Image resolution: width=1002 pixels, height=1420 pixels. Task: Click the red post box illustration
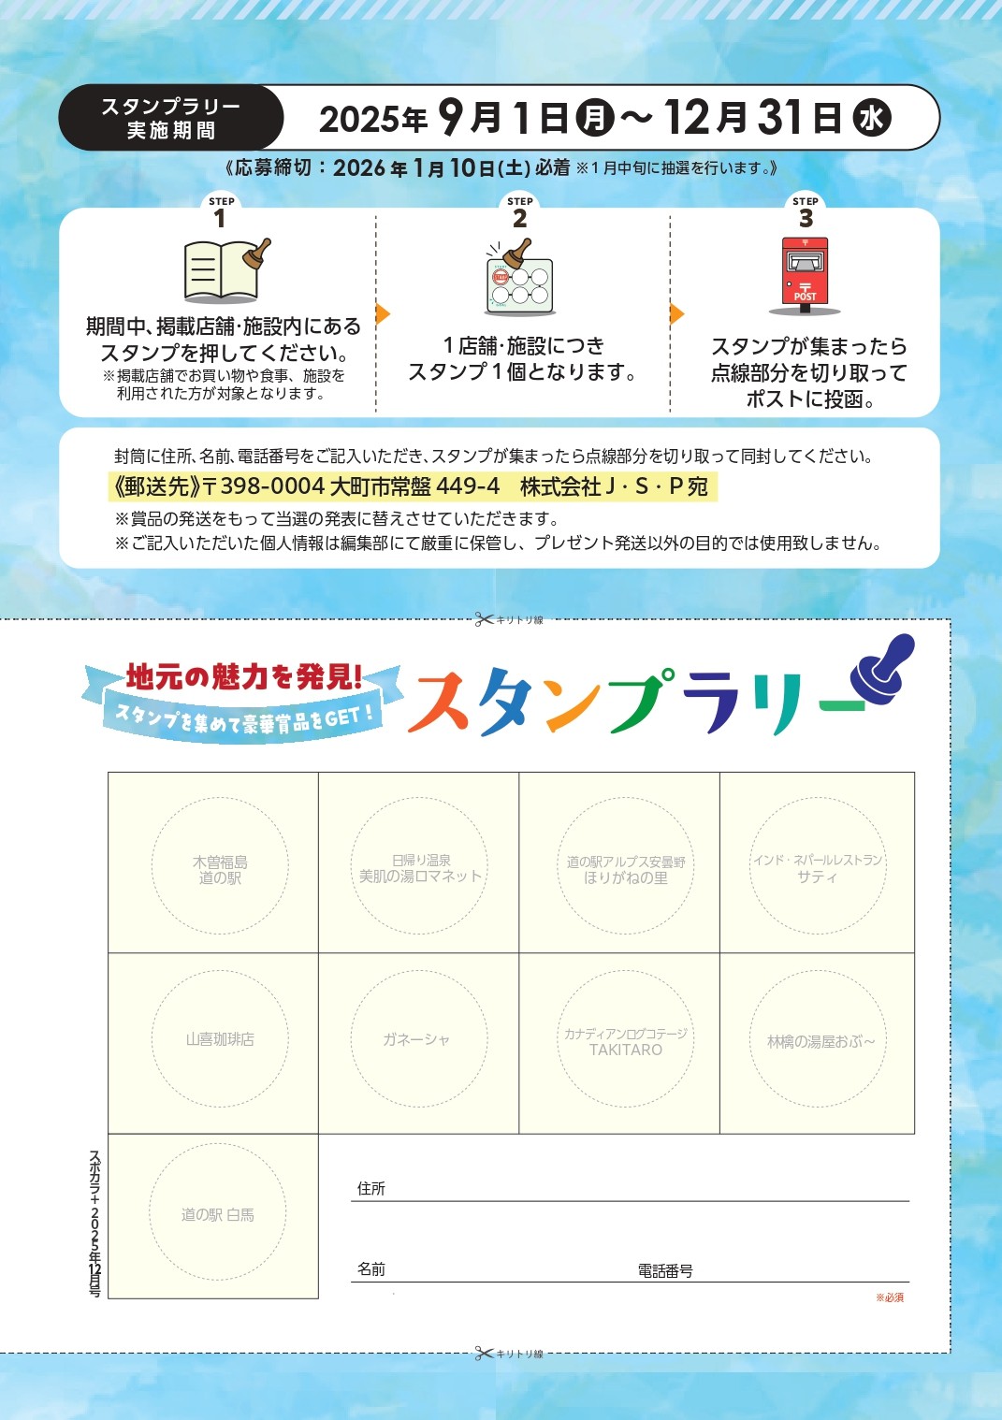pyautogui.click(x=805, y=276)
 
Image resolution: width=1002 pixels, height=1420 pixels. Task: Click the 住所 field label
pyautogui.click(x=371, y=1189)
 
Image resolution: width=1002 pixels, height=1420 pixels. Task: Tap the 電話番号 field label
pyautogui.click(x=665, y=1271)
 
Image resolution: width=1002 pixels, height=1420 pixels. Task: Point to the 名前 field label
pyautogui.click(x=371, y=1269)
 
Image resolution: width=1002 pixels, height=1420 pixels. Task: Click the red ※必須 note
pyautogui.click(x=890, y=1297)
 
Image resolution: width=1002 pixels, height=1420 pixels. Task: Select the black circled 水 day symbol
pyautogui.click(x=872, y=118)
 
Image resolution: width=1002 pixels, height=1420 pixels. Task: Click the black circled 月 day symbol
pyautogui.click(x=595, y=118)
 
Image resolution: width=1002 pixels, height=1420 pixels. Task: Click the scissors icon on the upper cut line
pyautogui.click(x=484, y=619)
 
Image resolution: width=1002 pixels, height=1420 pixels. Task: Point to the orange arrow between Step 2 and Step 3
pyautogui.click(x=677, y=313)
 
